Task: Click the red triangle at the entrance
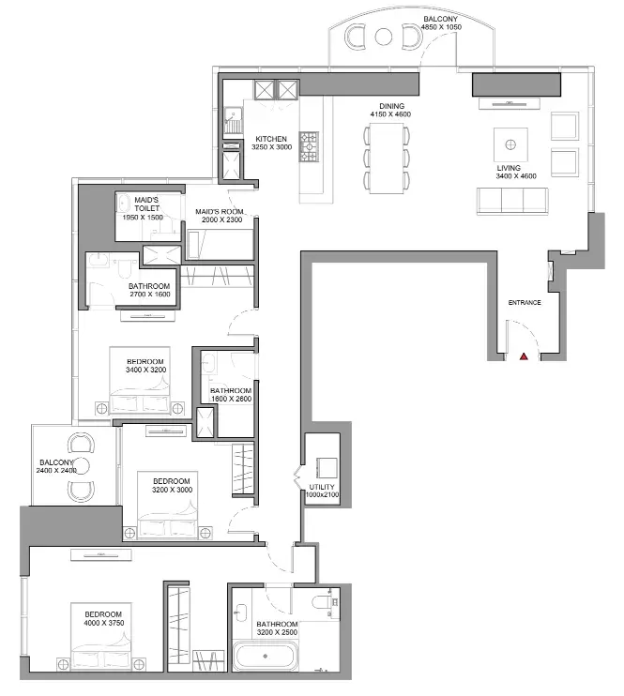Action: point(525,356)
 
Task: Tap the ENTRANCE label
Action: point(525,303)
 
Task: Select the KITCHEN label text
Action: point(271,139)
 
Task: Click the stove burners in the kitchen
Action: point(309,146)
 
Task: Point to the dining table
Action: point(387,159)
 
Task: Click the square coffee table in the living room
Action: point(510,144)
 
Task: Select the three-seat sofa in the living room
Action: point(512,201)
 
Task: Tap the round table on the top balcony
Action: point(383,37)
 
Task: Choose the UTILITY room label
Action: point(322,487)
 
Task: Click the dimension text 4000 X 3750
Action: point(104,623)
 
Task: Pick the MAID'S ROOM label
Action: point(220,212)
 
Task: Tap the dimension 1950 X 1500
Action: point(143,218)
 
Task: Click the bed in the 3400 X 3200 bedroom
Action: point(140,381)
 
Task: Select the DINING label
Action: point(391,106)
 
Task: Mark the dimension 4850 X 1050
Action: point(441,27)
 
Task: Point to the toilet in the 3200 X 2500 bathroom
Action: point(323,602)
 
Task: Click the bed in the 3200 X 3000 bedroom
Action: point(168,506)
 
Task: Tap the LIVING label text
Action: point(509,168)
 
